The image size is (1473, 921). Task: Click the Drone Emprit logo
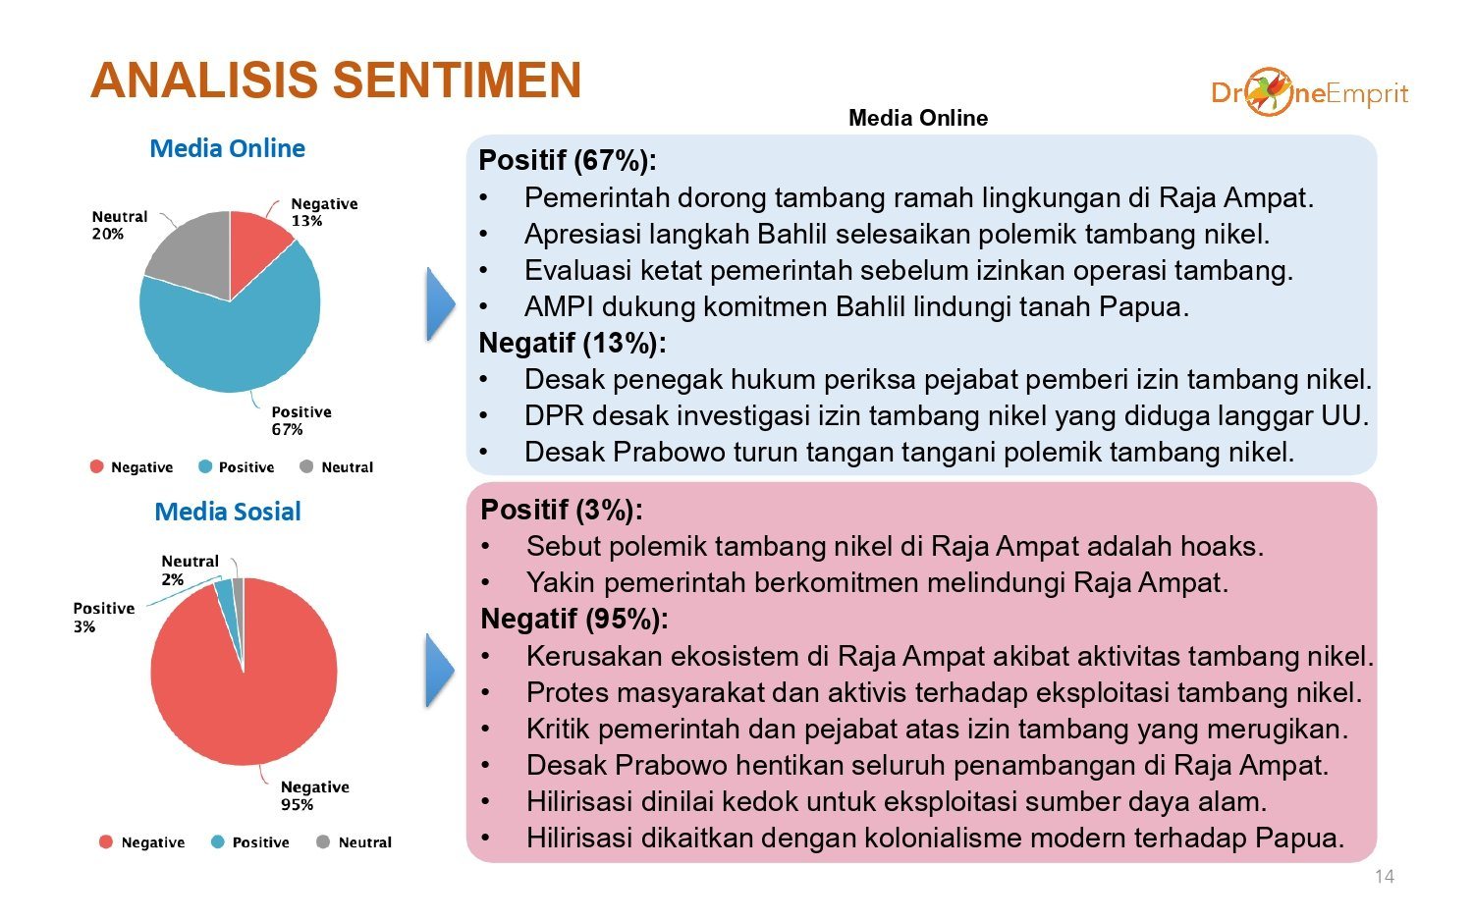[x=1309, y=92]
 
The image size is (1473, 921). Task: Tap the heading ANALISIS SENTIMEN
[x=336, y=81]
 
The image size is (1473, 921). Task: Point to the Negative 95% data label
[x=315, y=795]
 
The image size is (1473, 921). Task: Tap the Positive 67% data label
[x=301, y=420]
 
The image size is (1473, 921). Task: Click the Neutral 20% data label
[x=120, y=225]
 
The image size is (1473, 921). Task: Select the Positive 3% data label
[x=103, y=618]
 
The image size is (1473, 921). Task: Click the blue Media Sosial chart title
[x=228, y=512]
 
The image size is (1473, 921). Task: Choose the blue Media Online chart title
[x=228, y=148]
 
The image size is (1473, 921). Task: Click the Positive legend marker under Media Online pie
[x=205, y=466]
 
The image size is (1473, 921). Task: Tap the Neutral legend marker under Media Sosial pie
[x=323, y=842]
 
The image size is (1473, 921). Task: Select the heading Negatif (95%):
[x=574, y=620]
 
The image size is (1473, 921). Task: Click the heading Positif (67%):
[x=568, y=160]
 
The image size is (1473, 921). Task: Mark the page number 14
[x=1385, y=876]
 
